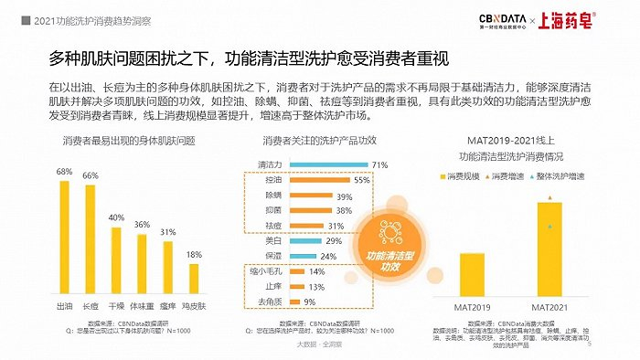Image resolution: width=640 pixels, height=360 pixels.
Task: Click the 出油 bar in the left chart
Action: [65, 235]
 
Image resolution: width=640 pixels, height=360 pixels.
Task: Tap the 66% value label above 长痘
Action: [91, 175]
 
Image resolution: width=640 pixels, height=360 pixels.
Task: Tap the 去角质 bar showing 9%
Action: [292, 302]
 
